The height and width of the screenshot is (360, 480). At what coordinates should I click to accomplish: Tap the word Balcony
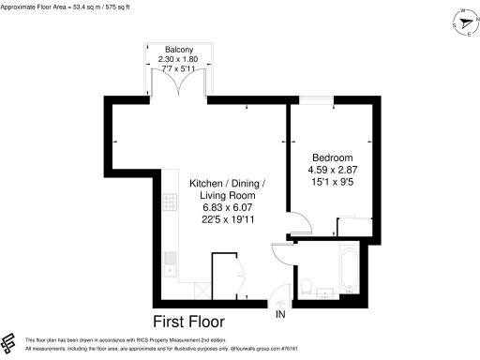(179, 49)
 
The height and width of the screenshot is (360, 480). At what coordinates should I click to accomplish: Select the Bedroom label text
(333, 157)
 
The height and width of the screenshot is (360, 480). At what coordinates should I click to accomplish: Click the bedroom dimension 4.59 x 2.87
(333, 170)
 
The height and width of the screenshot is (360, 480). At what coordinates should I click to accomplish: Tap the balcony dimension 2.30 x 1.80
(179, 59)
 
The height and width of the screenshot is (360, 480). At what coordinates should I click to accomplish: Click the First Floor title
(196, 321)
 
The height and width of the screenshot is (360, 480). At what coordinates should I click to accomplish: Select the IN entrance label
(279, 314)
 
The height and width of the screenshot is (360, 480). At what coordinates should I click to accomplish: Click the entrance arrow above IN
(279, 301)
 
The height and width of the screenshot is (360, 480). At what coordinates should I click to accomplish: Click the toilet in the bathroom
(307, 284)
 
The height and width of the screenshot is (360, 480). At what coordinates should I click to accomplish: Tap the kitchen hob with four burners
(171, 202)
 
